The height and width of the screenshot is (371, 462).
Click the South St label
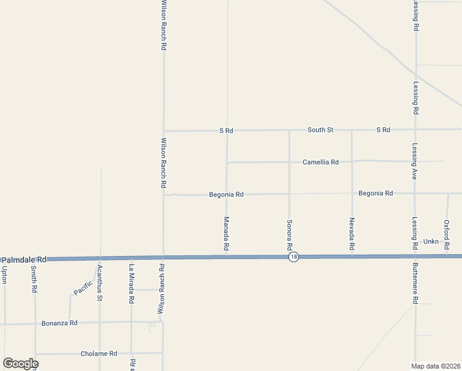(x=321, y=130)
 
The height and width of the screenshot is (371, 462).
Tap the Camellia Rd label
(x=321, y=162)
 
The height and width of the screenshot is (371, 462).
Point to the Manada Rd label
(x=227, y=233)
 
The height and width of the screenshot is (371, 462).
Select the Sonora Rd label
(x=288, y=234)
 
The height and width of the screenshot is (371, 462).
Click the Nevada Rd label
(x=351, y=234)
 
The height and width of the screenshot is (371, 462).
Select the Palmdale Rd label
(x=25, y=260)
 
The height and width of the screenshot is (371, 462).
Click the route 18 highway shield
(x=294, y=257)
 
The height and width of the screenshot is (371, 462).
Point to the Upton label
(x=4, y=273)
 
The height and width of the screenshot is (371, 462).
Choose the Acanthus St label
(x=99, y=283)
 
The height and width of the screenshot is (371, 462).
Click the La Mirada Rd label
(x=131, y=284)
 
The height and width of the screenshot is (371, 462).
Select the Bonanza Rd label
(x=59, y=323)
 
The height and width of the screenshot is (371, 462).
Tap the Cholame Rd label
(x=99, y=354)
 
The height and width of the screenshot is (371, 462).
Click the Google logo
(x=20, y=364)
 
